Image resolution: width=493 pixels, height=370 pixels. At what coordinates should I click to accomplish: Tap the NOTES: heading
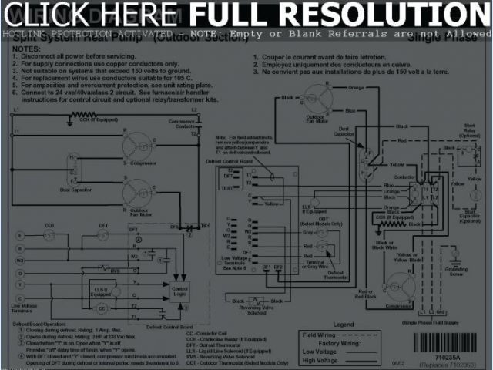coord(25,49)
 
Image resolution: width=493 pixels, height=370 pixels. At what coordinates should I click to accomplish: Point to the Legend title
coord(344,325)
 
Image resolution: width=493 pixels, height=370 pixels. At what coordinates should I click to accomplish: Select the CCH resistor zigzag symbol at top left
coord(79,115)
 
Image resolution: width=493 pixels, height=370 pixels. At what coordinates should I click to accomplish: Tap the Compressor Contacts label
coord(182,123)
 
